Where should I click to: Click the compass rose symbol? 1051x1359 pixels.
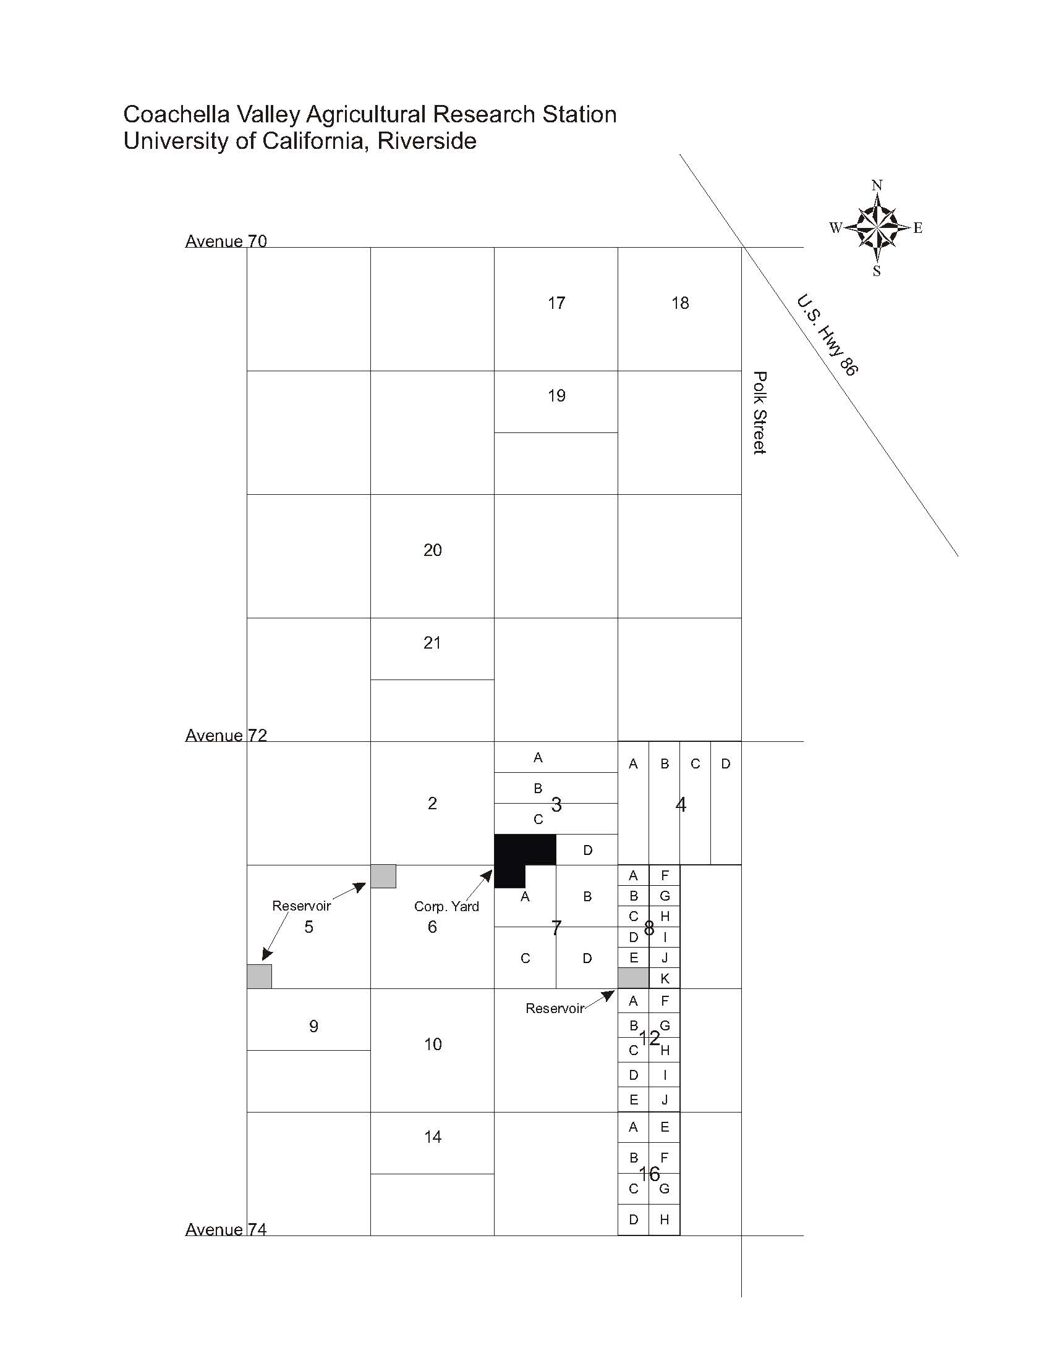click(x=877, y=228)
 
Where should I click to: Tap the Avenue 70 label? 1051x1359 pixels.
click(x=226, y=241)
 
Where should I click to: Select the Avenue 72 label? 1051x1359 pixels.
click(x=226, y=735)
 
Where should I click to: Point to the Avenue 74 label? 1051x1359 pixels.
click(x=226, y=1229)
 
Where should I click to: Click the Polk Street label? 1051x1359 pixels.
click(x=759, y=413)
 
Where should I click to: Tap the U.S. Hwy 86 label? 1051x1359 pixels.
click(x=827, y=335)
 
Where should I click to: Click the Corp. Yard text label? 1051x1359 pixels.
click(x=446, y=906)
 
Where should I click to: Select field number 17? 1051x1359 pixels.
click(x=556, y=303)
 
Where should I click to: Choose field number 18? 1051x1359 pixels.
click(x=680, y=303)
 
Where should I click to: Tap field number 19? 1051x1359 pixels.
click(x=556, y=396)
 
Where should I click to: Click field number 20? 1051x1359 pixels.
click(x=432, y=550)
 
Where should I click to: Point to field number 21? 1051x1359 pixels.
click(x=432, y=643)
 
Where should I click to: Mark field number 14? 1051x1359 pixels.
click(x=432, y=1137)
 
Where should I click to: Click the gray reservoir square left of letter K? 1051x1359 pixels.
click(x=633, y=978)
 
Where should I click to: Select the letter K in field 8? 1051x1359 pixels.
click(x=665, y=978)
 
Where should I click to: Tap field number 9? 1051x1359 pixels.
click(x=313, y=1026)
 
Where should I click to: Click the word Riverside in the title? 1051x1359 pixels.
click(x=427, y=141)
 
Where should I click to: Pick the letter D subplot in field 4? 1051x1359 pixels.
click(x=725, y=764)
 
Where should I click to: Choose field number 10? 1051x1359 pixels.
click(x=432, y=1044)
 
